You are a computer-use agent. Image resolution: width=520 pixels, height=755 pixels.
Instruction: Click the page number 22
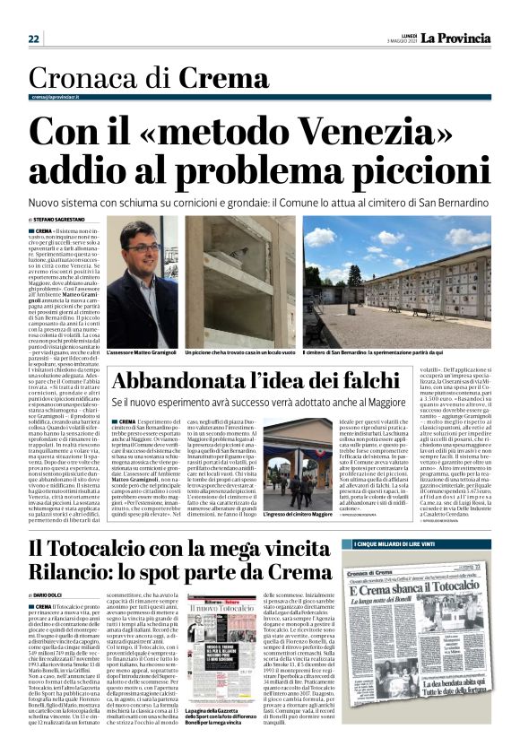tap(33, 39)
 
